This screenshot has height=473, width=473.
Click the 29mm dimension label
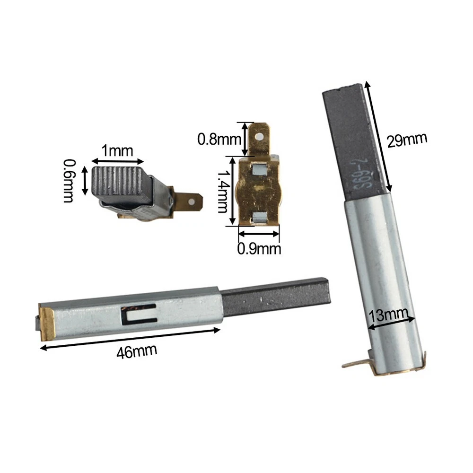point(407,140)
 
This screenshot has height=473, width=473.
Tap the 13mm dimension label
point(388,315)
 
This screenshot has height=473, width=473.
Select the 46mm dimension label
point(137,351)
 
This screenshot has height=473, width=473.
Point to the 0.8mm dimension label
point(219,140)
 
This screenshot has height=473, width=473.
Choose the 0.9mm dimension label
point(259,249)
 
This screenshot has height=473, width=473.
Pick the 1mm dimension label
point(117,150)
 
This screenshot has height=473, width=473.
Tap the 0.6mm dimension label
point(69,181)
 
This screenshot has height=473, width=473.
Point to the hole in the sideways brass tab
point(191,201)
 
